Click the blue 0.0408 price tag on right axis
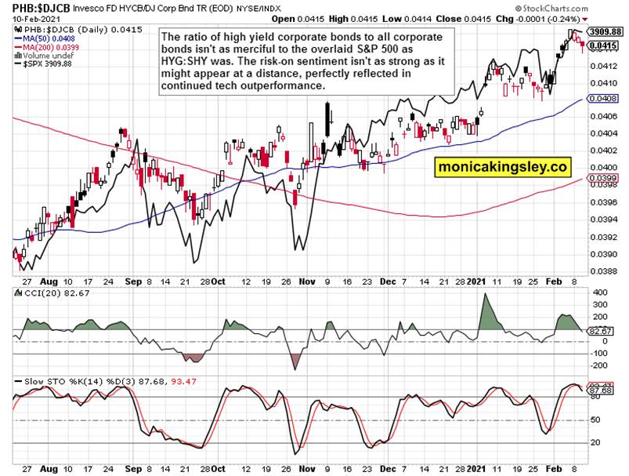click(x=605, y=99)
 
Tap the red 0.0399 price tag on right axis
click(x=605, y=179)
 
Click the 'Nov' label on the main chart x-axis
click(x=303, y=280)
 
